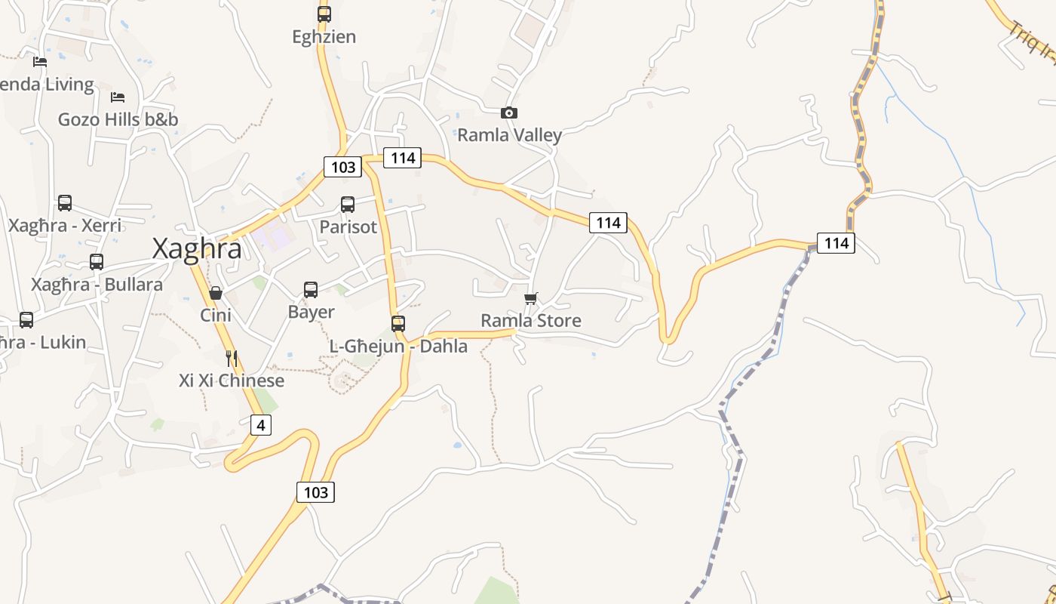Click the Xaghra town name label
tap(197, 248)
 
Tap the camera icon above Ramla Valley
tap(509, 113)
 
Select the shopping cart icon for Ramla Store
tap(531, 298)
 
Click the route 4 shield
tap(260, 425)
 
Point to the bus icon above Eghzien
tap(324, 14)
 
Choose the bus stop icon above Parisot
tap(348, 204)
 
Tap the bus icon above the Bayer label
tap(311, 289)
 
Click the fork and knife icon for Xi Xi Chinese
tap(232, 358)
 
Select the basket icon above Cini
tap(216, 292)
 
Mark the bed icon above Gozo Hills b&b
tap(118, 97)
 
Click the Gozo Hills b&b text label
tap(118, 119)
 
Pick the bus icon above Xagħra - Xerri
tap(65, 202)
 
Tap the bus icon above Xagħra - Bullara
tap(97, 261)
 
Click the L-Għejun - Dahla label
tap(398, 347)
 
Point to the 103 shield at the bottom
tap(315, 492)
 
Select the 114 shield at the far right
tap(837, 243)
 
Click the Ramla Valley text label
tap(510, 135)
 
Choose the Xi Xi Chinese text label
tap(232, 381)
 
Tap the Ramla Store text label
tap(531, 321)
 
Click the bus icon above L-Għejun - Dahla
tap(398, 323)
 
